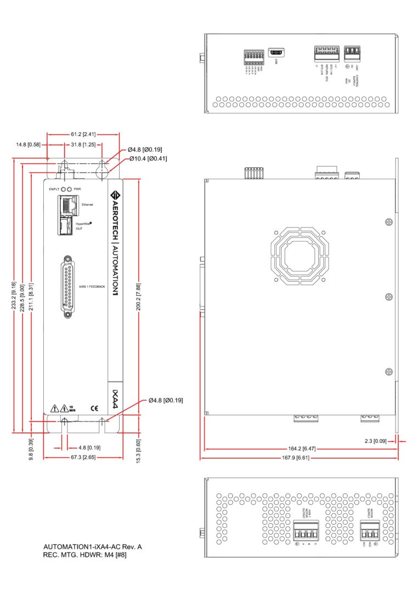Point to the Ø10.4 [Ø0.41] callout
click(148, 158)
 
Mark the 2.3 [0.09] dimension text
click(376, 440)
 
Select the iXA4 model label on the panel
click(115, 396)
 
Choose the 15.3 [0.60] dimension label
click(139, 449)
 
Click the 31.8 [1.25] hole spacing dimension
click(83, 145)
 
